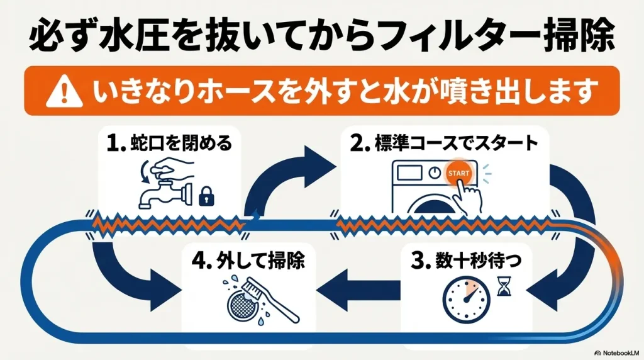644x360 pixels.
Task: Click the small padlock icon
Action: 204,198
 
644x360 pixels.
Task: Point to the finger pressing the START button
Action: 469,192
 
